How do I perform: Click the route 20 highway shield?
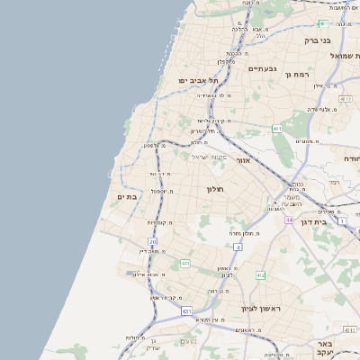tap(153, 241)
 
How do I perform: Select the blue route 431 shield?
tap(187, 311)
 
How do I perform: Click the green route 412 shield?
tap(260, 275)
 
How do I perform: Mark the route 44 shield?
tap(289, 219)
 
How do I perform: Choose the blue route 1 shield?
tap(343, 220)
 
